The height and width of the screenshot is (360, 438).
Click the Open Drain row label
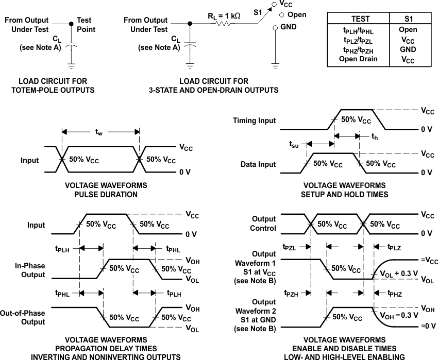[358, 59]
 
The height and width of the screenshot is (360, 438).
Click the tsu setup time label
[293, 145]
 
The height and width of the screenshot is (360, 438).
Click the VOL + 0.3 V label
[399, 273]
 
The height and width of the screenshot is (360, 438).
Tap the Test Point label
[86, 25]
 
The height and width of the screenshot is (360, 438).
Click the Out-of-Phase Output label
[30, 317]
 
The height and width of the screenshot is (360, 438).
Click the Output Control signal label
[264, 224]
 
